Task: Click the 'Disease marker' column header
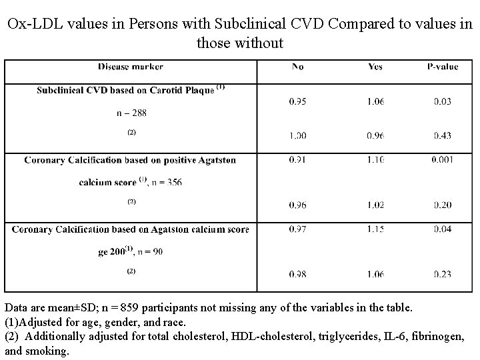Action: click(x=130, y=67)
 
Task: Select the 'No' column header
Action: click(x=297, y=67)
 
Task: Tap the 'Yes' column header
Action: click(x=375, y=67)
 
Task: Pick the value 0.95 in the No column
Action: click(x=297, y=101)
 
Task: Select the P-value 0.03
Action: click(x=441, y=101)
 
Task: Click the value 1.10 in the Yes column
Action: click(x=375, y=161)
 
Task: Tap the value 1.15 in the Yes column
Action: click(x=375, y=229)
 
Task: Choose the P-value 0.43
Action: click(x=441, y=135)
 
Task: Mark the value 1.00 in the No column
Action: click(x=297, y=135)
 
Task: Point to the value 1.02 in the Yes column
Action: click(x=375, y=204)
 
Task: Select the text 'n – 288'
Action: click(x=131, y=113)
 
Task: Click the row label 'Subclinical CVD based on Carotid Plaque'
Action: click(x=125, y=90)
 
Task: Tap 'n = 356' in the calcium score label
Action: click(x=165, y=182)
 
